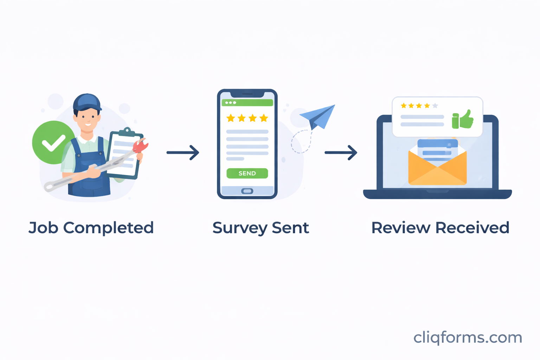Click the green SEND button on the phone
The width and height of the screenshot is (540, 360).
(x=247, y=173)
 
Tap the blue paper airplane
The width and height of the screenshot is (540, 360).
(x=318, y=116)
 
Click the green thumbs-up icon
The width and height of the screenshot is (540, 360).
(x=463, y=120)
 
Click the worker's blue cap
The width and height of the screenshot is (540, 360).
(x=87, y=102)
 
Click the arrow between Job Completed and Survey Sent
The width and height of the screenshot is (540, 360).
(x=183, y=153)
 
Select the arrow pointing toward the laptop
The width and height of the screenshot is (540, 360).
(x=341, y=153)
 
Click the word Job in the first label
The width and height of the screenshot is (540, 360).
(x=43, y=228)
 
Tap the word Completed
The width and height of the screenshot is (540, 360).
(x=108, y=228)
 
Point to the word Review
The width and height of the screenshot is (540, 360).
(x=400, y=228)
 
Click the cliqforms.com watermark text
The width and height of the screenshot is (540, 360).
(x=468, y=337)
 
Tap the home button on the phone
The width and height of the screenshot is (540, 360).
(x=247, y=191)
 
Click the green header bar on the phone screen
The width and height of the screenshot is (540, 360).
(x=247, y=103)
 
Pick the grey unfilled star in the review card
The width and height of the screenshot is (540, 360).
(x=435, y=105)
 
